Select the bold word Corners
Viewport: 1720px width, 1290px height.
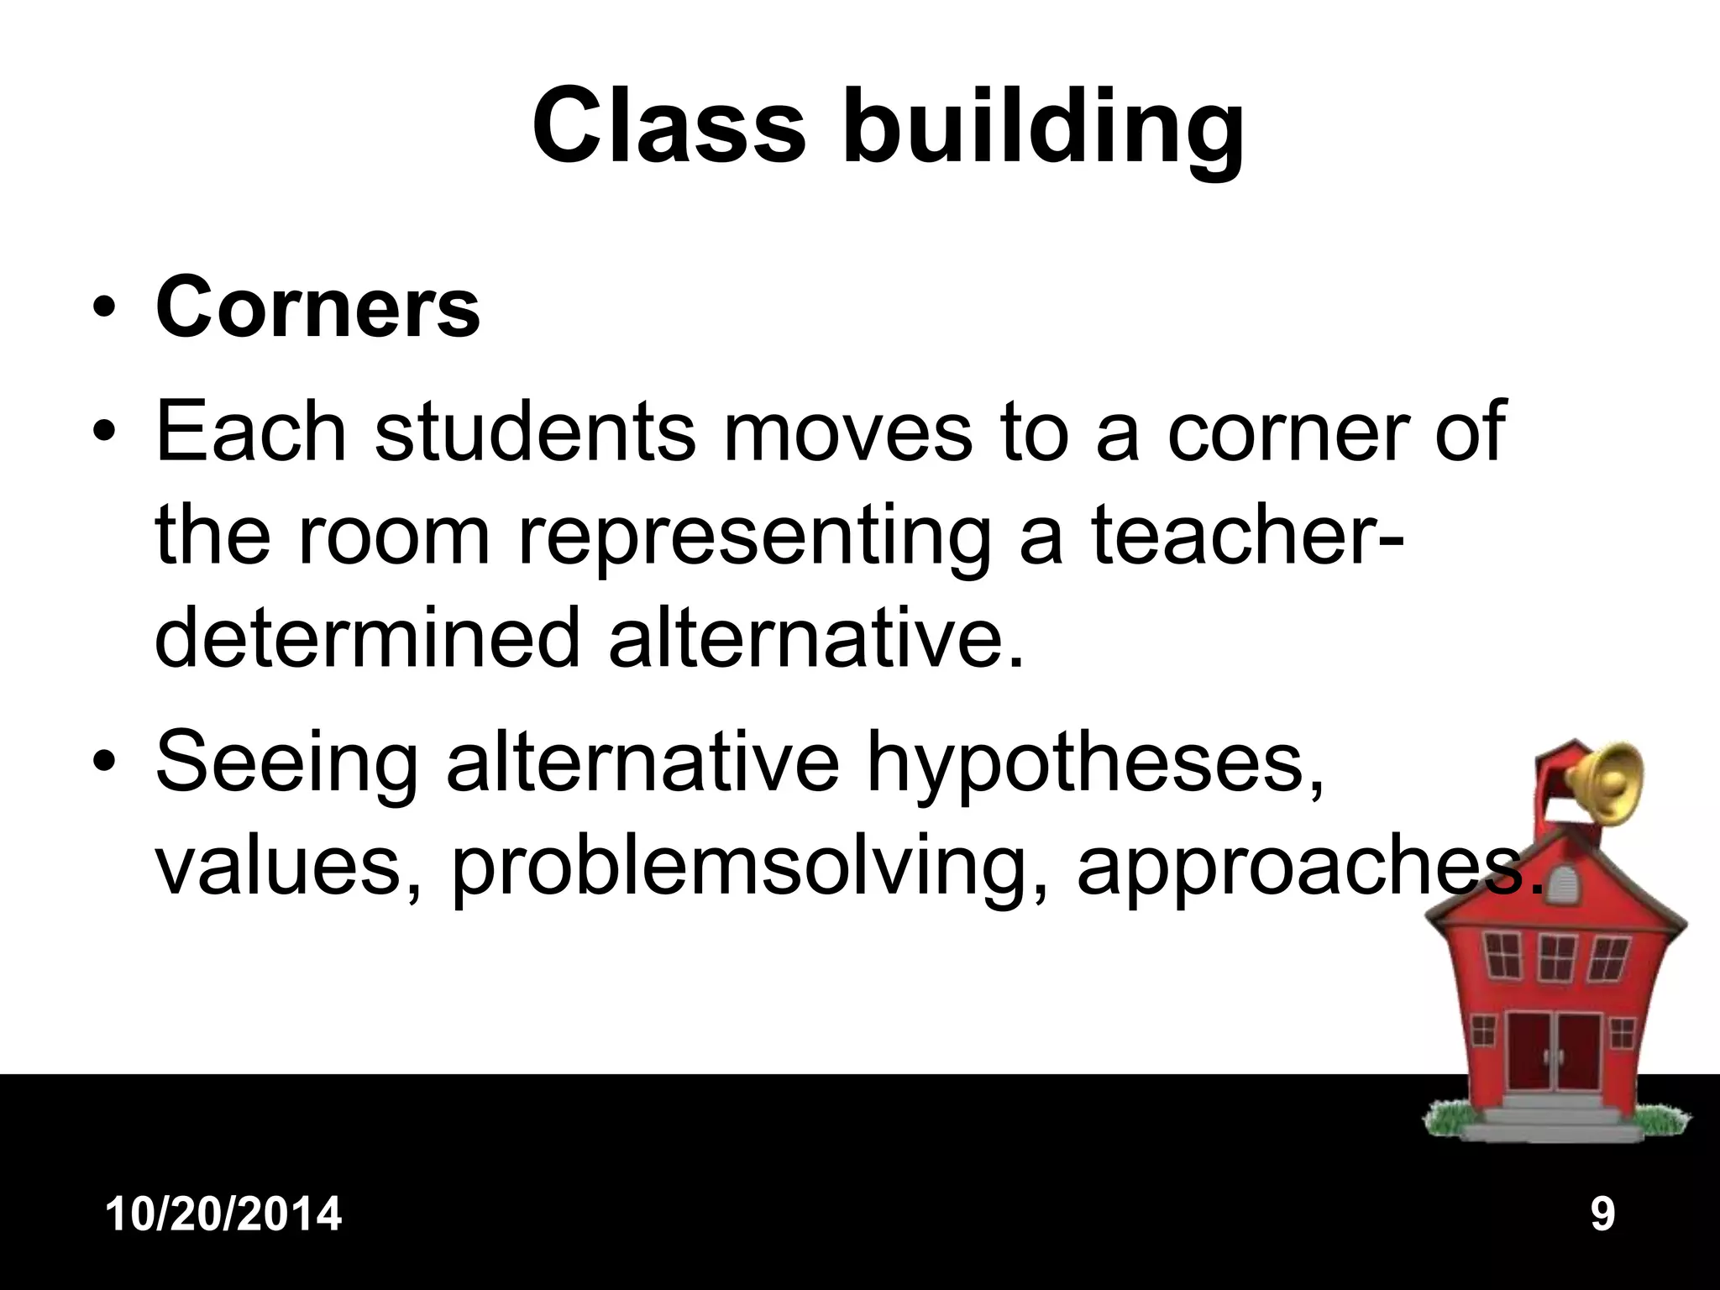tap(317, 308)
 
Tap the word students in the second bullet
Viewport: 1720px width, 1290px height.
tap(535, 432)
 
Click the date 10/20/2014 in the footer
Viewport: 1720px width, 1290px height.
tap(224, 1214)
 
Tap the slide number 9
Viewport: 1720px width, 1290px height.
tap(1602, 1214)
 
